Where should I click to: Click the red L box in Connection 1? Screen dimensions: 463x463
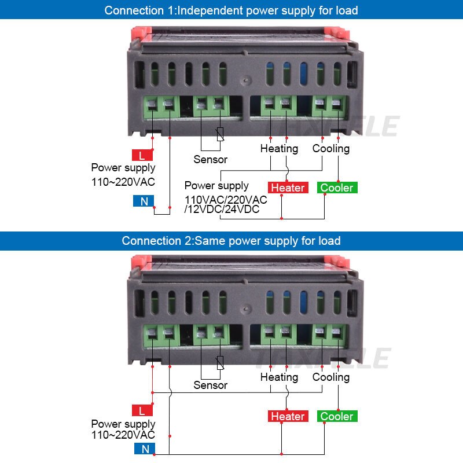(x=142, y=155)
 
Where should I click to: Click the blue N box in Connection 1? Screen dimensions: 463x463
(x=142, y=201)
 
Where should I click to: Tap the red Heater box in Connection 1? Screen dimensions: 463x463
(x=288, y=188)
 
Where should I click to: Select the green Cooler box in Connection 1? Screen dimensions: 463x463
(x=337, y=188)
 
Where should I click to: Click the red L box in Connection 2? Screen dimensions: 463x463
(x=142, y=411)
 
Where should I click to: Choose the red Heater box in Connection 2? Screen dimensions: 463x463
(x=288, y=416)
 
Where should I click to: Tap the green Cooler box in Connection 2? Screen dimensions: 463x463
(x=337, y=416)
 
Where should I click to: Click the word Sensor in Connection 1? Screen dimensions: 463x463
(x=211, y=159)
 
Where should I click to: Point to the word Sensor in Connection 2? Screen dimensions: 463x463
(x=211, y=385)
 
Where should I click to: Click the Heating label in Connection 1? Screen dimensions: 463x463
(x=279, y=149)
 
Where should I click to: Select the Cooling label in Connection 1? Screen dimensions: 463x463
(x=331, y=149)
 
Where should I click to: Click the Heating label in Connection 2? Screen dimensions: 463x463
(x=279, y=377)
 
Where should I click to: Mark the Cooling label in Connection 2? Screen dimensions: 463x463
(x=331, y=377)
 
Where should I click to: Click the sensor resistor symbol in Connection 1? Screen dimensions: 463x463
(x=219, y=134)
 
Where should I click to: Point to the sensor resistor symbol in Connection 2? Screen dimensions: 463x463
(x=219, y=363)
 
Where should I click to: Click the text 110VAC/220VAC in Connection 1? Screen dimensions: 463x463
(x=226, y=200)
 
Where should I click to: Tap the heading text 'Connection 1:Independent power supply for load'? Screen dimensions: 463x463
(x=231, y=10)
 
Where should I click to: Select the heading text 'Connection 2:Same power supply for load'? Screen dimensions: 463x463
(x=231, y=241)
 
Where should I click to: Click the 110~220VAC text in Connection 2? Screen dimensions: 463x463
(x=123, y=435)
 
